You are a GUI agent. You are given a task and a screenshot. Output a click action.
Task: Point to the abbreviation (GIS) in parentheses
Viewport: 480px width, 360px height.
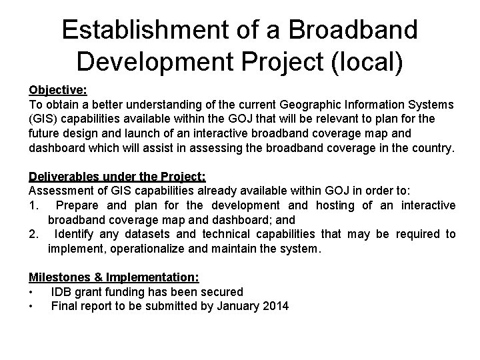[43, 119]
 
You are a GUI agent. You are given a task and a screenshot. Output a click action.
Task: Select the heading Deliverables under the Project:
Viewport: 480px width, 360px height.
[117, 177]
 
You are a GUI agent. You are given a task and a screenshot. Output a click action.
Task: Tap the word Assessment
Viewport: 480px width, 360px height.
[59, 191]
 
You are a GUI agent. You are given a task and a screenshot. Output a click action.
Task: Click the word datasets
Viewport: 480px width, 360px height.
[157, 234]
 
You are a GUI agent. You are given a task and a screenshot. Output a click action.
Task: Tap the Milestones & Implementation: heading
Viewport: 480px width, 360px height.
[114, 277]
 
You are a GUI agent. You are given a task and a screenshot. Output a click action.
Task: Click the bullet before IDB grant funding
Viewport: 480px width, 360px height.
[31, 292]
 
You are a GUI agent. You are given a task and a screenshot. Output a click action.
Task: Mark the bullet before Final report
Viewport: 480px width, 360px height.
[31, 307]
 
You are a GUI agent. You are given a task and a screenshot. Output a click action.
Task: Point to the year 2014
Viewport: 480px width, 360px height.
[276, 307]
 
